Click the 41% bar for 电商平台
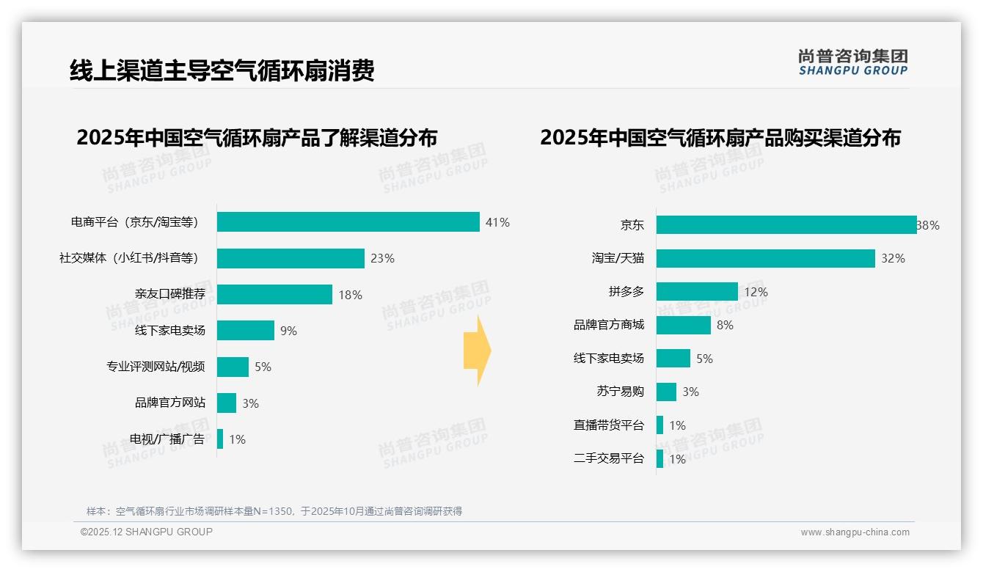tap(348, 222)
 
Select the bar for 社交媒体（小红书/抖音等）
tap(290, 258)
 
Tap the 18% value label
tap(350, 295)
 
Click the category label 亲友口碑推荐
tap(169, 294)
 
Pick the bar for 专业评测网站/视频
tap(233, 367)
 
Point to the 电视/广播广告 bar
tap(220, 439)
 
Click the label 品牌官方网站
tap(169, 403)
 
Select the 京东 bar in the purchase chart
tap(786, 225)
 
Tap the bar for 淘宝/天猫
tap(765, 258)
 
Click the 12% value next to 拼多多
tap(756, 292)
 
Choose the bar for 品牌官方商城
tap(683, 325)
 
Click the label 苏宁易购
tap(620, 392)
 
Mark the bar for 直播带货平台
tap(659, 425)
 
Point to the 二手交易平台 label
tap(608, 458)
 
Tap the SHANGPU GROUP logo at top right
tap(852, 62)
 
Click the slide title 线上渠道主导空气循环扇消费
tap(222, 70)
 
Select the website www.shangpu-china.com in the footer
tap(855, 532)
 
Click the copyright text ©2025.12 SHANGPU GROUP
tap(147, 532)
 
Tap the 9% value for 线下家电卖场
tap(288, 331)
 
